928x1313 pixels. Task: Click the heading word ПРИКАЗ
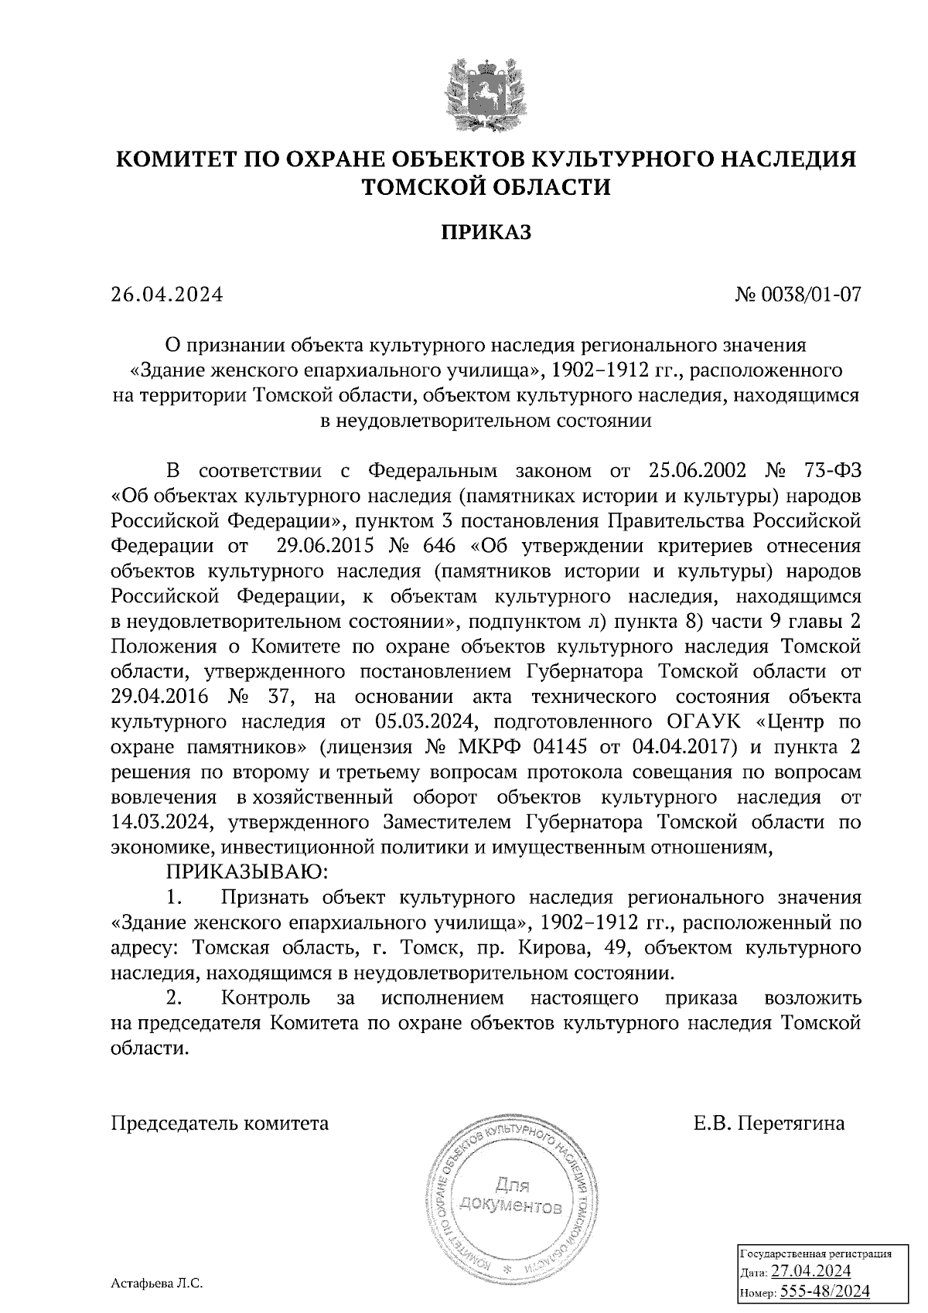[486, 232]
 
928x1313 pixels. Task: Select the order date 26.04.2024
[166, 295]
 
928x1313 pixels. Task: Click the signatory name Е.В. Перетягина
[769, 1122]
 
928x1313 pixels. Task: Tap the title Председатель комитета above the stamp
[220, 1122]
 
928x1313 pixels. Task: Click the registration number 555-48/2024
[824, 1291]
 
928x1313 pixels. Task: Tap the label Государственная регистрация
[815, 1253]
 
